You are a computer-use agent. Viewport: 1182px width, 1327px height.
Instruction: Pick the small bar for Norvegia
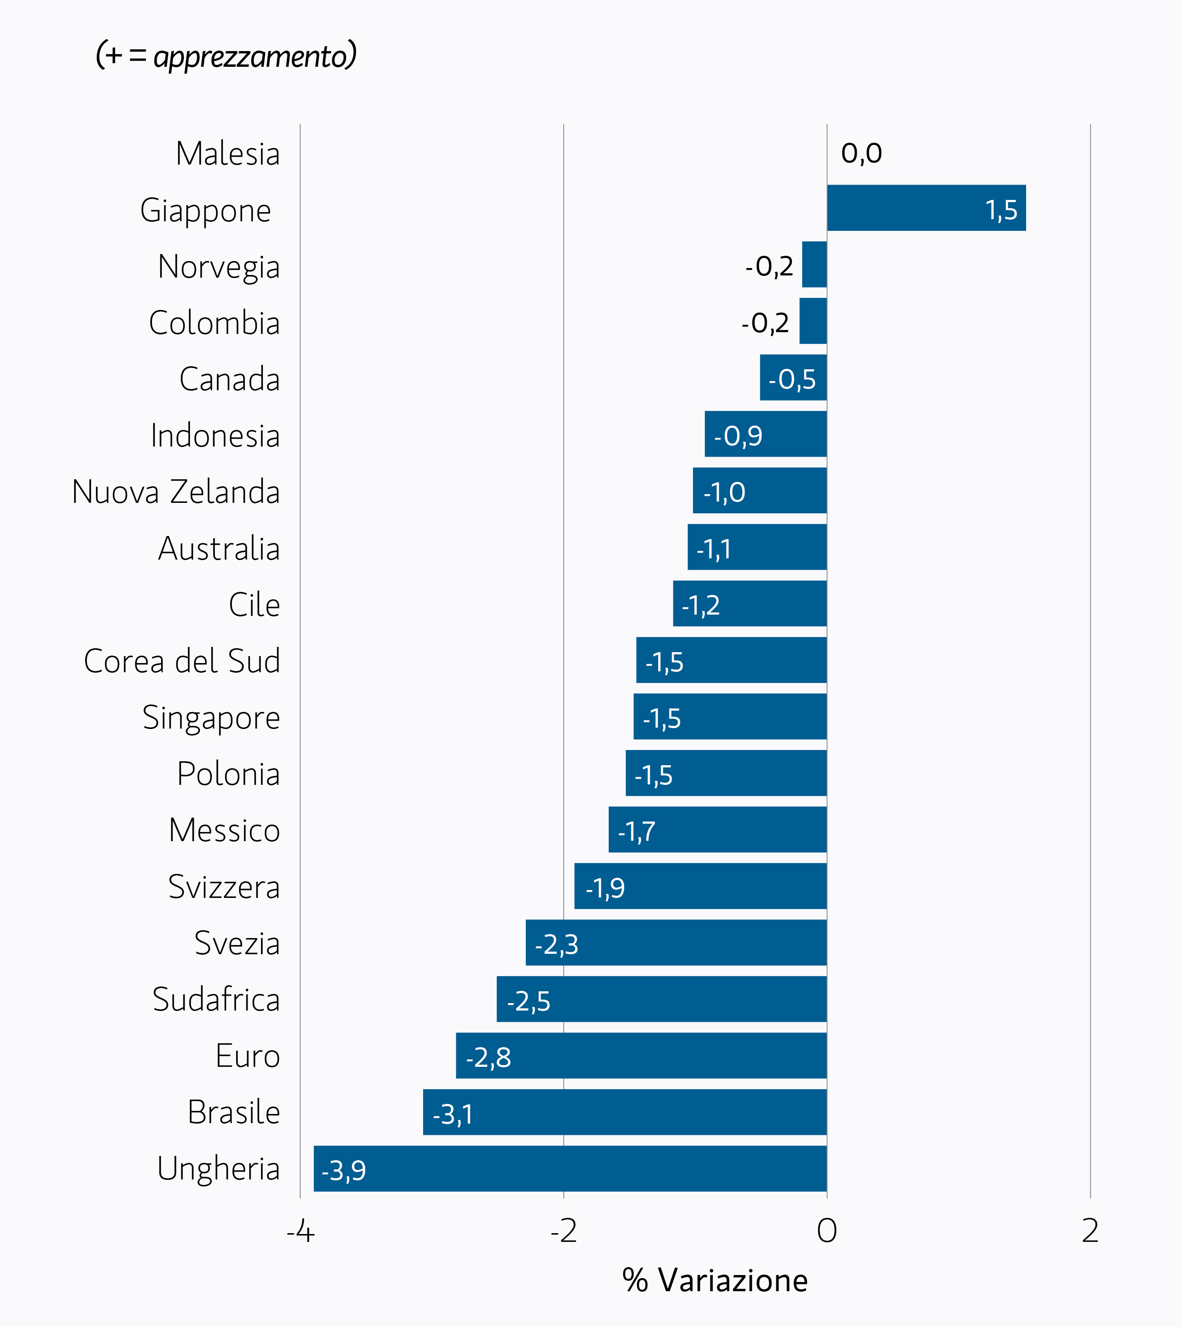pyautogui.click(x=814, y=264)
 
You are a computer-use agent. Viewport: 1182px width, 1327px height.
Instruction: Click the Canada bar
pyautogui.click(x=793, y=377)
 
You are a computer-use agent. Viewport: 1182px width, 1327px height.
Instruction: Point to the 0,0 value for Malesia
pyautogui.click(x=861, y=154)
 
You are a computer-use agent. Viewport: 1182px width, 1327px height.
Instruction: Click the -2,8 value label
pyautogui.click(x=488, y=1058)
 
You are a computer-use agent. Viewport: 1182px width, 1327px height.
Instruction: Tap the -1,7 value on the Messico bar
pyautogui.click(x=637, y=832)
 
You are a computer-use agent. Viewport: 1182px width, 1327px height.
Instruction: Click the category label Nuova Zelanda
pyautogui.click(x=176, y=492)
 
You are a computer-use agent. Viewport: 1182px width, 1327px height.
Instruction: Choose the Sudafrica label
pyautogui.click(x=216, y=1000)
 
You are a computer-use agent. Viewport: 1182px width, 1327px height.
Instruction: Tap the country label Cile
pyautogui.click(x=254, y=605)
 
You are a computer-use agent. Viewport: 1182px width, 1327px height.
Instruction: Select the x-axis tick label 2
pyautogui.click(x=1090, y=1231)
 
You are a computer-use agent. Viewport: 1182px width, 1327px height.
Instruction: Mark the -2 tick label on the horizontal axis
pyautogui.click(x=563, y=1231)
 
